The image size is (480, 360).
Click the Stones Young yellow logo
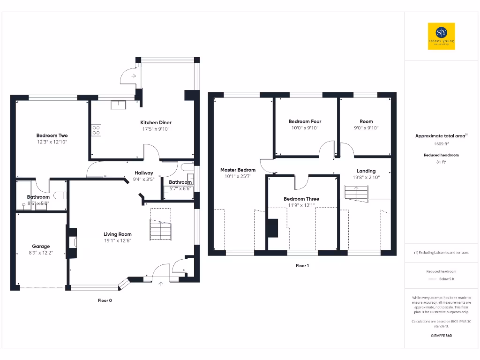(x=441, y=36)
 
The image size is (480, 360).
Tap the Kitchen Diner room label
(x=156, y=123)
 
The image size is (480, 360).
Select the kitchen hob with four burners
(x=97, y=130)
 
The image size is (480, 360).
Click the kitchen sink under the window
(x=118, y=105)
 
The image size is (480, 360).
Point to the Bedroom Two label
(x=52, y=136)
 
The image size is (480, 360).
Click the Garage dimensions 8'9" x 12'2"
(x=41, y=253)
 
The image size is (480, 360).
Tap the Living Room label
(x=118, y=234)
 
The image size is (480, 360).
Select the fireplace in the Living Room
(x=72, y=242)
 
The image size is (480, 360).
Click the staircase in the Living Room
(x=160, y=230)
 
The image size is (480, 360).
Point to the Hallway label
(x=144, y=173)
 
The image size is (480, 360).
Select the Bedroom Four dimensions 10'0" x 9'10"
(x=305, y=128)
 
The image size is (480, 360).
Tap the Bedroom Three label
(x=301, y=199)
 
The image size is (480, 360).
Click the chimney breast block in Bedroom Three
(x=272, y=229)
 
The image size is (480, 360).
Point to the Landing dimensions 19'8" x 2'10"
(x=366, y=178)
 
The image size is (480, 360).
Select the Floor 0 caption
(x=105, y=300)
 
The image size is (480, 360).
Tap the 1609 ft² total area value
(x=441, y=144)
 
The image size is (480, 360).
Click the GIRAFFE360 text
(x=441, y=336)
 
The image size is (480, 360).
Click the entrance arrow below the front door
(x=161, y=283)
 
